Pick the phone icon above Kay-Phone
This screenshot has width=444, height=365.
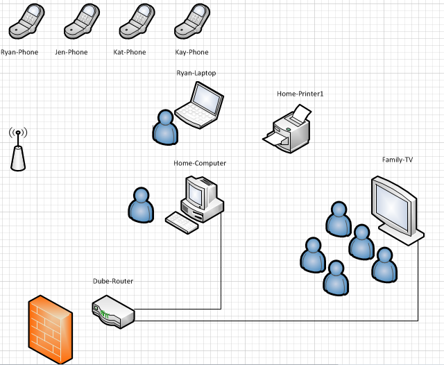190,22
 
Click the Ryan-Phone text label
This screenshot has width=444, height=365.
19,52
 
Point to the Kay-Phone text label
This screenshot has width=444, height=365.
192,52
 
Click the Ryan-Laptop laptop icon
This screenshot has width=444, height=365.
200,105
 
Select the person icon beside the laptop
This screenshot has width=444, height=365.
164,127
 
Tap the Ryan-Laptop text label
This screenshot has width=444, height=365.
196,73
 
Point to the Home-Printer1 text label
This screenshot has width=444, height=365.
300,94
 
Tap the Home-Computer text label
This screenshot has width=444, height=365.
200,163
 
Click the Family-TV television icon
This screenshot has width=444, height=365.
395,209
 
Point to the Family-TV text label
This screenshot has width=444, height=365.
398,160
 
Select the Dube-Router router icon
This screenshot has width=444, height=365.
113,310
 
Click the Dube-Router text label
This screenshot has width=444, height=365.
113,281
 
